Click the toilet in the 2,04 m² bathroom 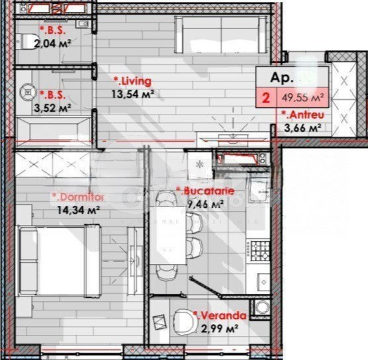coord(24,41)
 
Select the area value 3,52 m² coord(56,107)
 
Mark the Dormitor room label coord(78,197)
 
